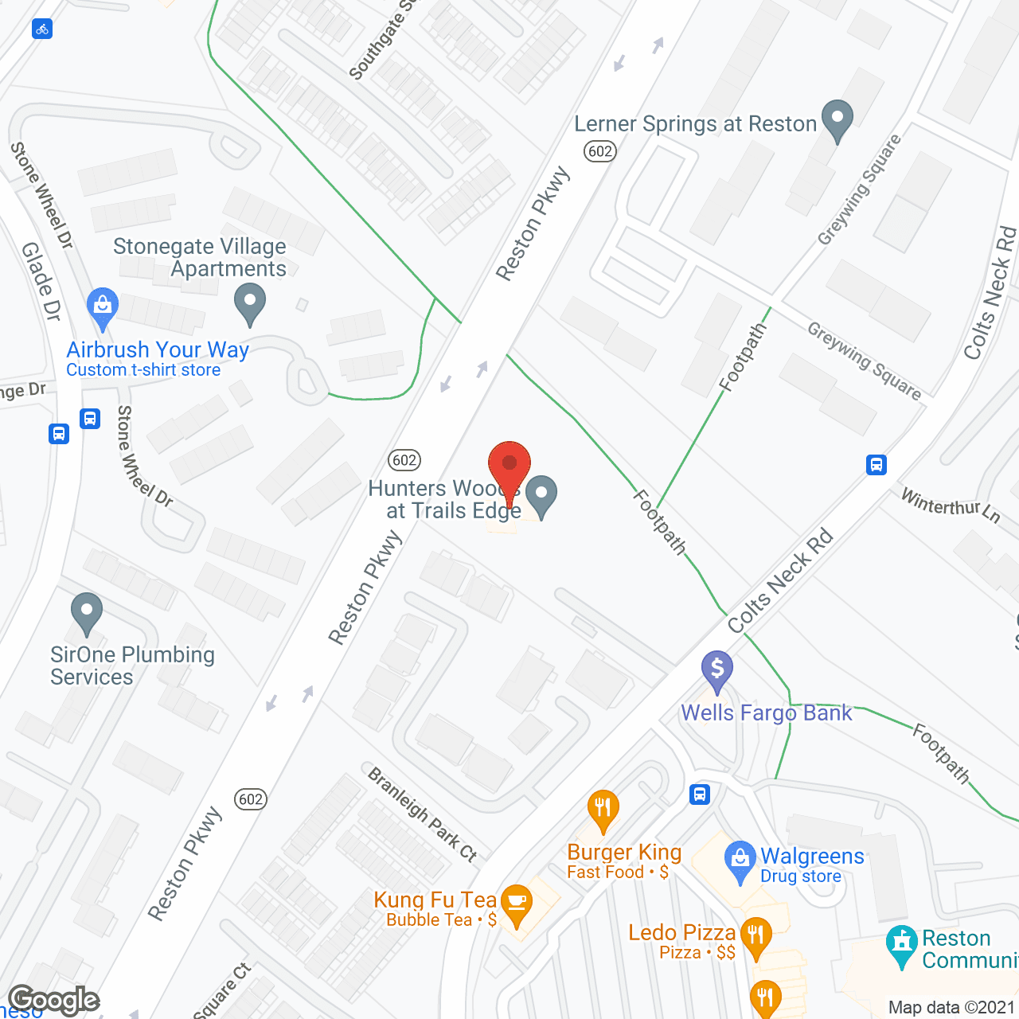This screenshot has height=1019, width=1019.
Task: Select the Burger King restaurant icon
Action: pos(603,809)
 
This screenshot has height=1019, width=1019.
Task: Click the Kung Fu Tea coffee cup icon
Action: pos(517,904)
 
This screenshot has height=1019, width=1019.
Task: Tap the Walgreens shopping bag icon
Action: pos(740,860)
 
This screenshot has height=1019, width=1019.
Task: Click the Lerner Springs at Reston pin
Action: pos(837,119)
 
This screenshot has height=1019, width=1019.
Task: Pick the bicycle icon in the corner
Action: pos(42,29)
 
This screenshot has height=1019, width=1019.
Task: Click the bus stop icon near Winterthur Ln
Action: pos(876,464)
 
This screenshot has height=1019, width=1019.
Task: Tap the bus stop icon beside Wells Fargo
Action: pos(700,794)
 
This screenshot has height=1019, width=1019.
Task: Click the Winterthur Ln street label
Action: pos(950,505)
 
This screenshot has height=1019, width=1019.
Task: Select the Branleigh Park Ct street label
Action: pos(423,814)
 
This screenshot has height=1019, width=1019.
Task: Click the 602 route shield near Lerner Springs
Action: pos(600,151)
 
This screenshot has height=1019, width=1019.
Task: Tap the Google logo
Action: pos(54,1000)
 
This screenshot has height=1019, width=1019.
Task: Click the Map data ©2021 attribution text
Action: pos(951,1007)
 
